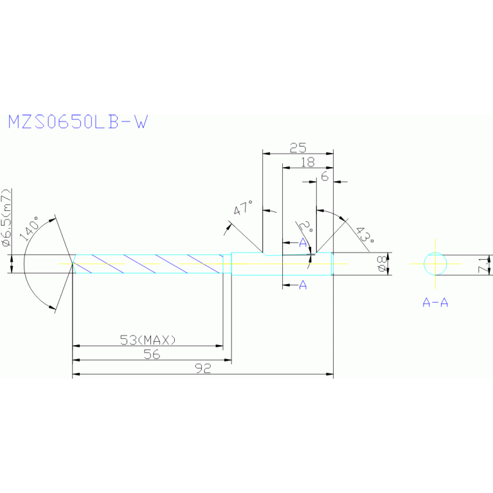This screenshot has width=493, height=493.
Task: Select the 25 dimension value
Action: point(298,147)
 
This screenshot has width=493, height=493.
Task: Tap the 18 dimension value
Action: point(308,162)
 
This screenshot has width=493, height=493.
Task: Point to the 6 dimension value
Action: point(325,175)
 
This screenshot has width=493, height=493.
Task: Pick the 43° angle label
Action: point(364,237)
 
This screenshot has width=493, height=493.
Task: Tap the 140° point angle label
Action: point(30,228)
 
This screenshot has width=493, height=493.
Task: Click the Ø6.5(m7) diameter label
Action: point(7,217)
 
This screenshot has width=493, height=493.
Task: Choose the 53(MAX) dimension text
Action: point(148,339)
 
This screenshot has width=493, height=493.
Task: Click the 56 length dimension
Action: point(152,354)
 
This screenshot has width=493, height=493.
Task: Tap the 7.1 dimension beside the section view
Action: point(487,264)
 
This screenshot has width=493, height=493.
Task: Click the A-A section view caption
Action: point(435,301)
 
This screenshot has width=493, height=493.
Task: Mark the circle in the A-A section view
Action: point(435,263)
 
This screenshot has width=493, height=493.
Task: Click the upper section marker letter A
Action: point(303,242)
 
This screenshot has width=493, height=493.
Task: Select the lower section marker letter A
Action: point(303,285)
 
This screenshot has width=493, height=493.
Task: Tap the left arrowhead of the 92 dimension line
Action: point(75,374)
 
